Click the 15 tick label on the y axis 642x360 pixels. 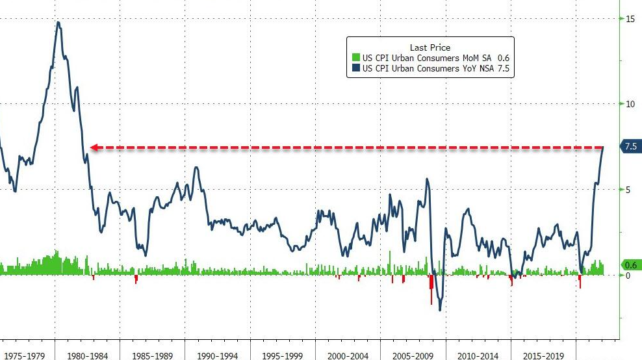click(x=630, y=19)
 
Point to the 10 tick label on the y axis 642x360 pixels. click(x=630, y=104)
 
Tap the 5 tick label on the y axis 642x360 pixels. click(x=628, y=190)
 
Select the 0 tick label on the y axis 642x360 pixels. click(x=628, y=276)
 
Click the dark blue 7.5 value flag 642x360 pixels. click(x=629, y=147)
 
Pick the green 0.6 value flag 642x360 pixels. click(x=629, y=265)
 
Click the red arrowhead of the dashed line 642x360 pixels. click(x=94, y=148)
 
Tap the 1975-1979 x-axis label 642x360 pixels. click(x=24, y=355)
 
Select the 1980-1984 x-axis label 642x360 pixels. click(x=88, y=355)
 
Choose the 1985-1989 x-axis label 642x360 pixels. click(x=153, y=355)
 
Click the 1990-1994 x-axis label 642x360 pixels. click(x=218, y=355)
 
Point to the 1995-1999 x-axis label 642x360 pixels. click(x=283, y=355)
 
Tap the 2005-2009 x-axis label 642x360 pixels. click(x=413, y=355)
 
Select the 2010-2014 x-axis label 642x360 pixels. click(x=478, y=355)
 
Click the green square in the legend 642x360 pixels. click(x=355, y=58)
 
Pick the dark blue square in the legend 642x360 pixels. click(x=355, y=68)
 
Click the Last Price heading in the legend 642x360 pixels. click(x=430, y=47)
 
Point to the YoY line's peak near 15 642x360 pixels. click(x=58, y=23)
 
